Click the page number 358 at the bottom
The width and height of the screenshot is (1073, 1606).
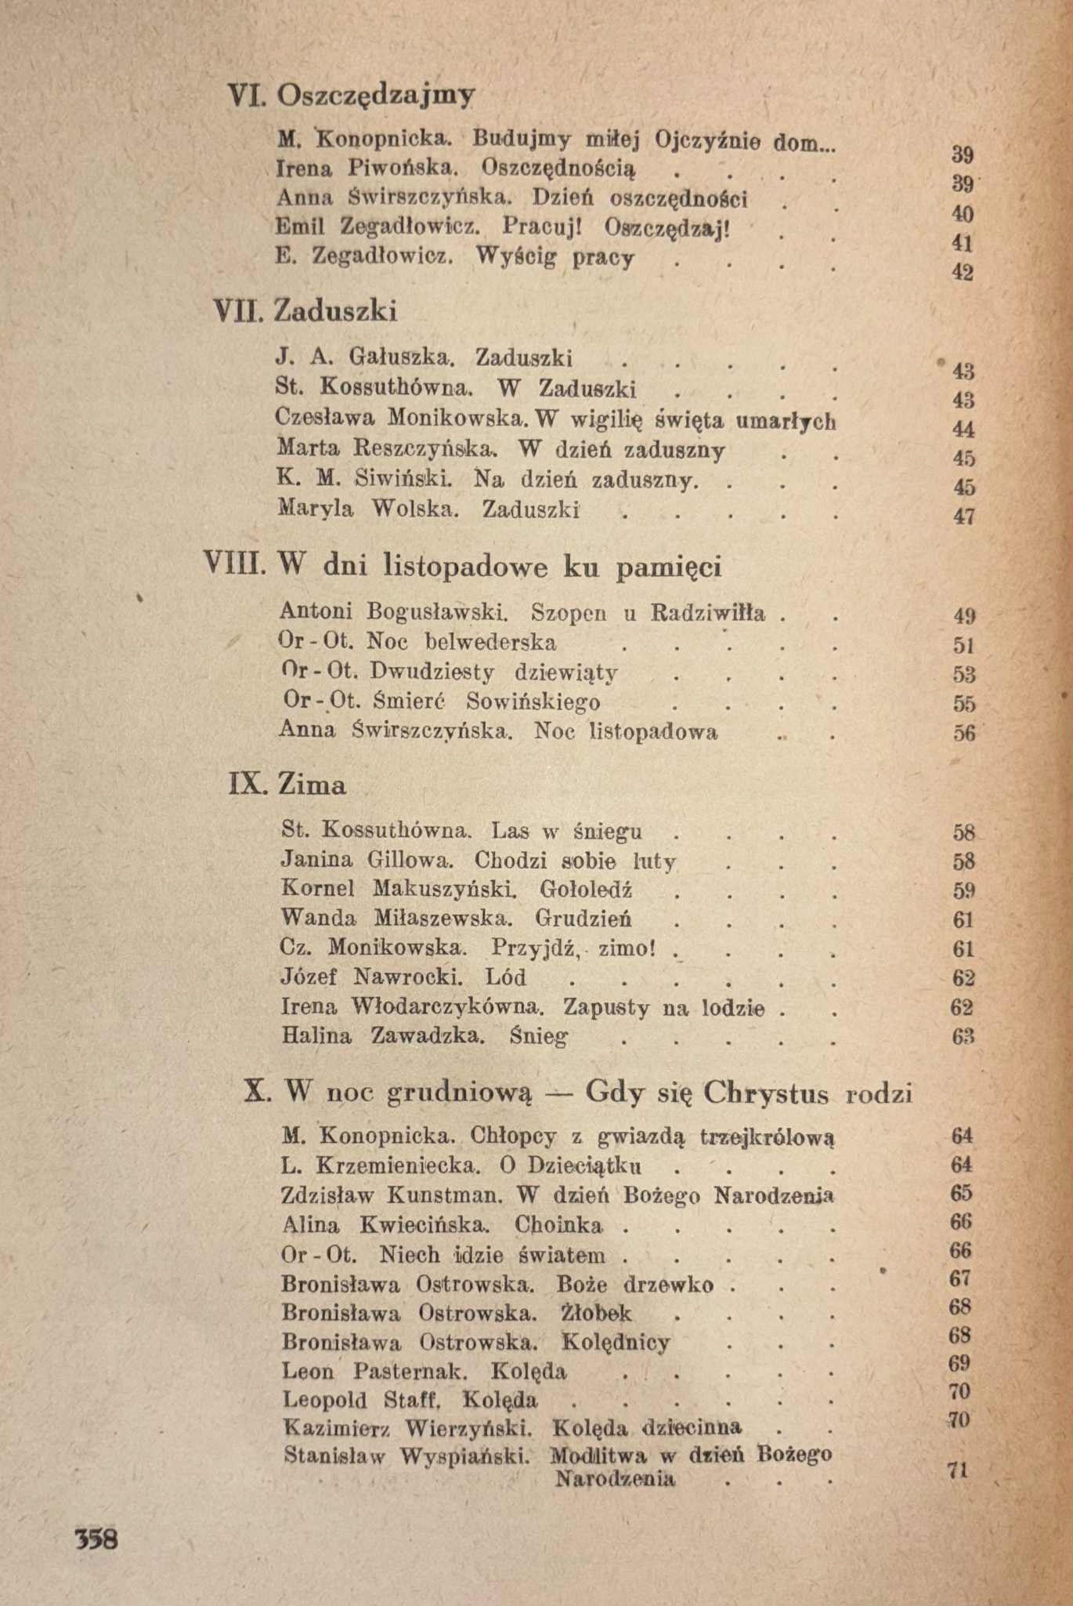96,1539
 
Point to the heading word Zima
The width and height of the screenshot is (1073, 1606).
312,784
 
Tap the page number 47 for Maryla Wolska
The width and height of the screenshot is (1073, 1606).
964,516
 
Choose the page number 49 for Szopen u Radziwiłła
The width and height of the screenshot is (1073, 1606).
964,616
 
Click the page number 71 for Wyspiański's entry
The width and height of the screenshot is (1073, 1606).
958,1470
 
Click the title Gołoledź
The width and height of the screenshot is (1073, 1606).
587,890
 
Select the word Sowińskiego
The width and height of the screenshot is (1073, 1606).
533,701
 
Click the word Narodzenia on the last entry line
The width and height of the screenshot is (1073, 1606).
615,1480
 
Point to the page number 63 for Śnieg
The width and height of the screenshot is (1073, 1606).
963,1037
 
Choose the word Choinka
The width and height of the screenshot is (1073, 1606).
559,1225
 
